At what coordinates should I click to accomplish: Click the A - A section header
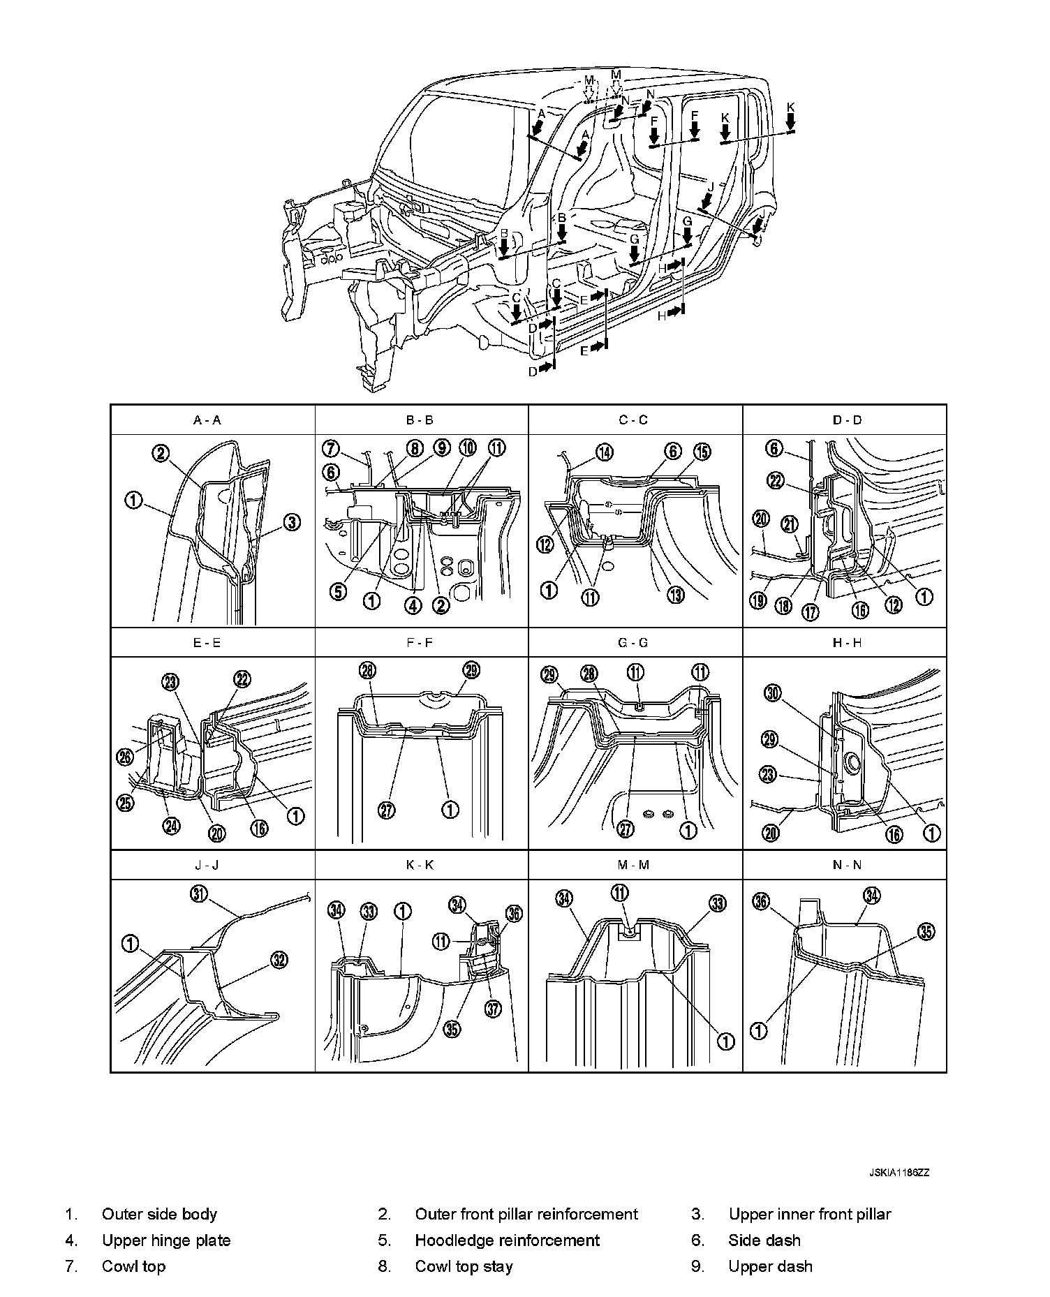click(207, 420)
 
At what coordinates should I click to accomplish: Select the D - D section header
click(848, 420)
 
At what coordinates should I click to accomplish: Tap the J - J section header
click(207, 865)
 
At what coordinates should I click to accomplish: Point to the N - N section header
click(848, 865)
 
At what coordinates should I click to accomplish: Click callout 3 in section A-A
click(293, 522)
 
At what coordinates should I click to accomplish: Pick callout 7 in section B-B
click(332, 447)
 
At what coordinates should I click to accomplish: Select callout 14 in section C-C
click(605, 452)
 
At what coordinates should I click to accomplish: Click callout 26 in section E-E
click(125, 756)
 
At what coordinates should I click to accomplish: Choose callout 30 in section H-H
click(771, 693)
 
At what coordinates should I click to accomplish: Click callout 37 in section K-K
click(494, 1009)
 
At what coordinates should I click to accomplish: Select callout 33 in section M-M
click(718, 903)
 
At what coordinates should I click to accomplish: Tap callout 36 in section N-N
click(762, 902)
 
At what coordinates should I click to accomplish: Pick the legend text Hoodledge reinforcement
click(507, 1240)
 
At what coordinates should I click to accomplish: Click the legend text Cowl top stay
click(464, 1266)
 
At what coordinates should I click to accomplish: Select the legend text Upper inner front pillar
click(810, 1214)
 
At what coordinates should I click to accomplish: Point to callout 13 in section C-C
click(676, 594)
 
